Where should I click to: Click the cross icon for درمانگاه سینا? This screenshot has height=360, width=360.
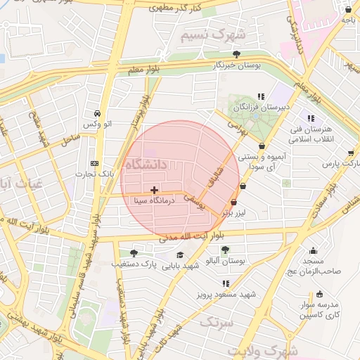click(155, 190)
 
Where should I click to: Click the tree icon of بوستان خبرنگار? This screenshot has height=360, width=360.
click(236, 54)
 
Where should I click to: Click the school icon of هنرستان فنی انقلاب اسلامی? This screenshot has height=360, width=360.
click(311, 118)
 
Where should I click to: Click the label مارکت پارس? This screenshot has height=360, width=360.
click(336, 163)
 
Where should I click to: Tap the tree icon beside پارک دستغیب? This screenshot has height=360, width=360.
click(134, 253)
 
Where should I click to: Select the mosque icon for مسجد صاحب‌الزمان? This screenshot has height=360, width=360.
click(313, 250)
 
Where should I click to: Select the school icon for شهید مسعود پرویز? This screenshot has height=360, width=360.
click(225, 283)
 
